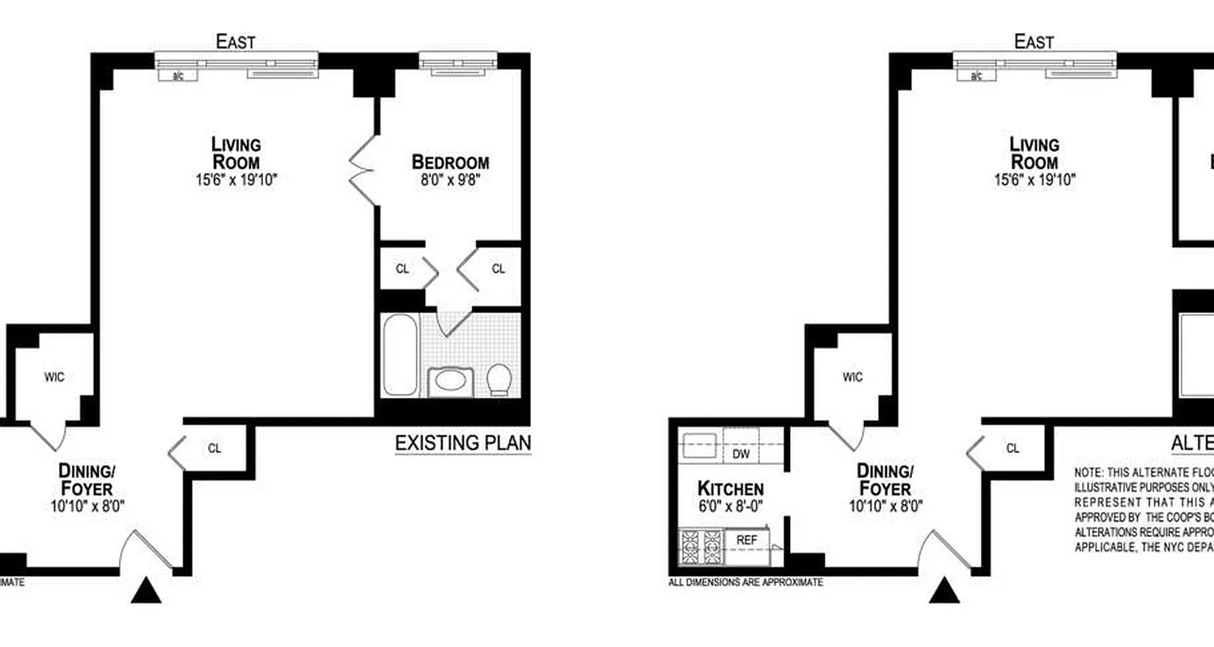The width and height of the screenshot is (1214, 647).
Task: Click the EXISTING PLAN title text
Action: click(462, 443)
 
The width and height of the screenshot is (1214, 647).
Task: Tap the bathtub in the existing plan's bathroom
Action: click(400, 355)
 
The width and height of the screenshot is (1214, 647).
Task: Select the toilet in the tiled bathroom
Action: click(499, 378)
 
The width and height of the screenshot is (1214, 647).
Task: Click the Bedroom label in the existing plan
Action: click(450, 161)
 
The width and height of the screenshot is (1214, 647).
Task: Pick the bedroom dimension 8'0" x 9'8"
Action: click(450, 179)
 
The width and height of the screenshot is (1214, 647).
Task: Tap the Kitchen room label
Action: click(730, 488)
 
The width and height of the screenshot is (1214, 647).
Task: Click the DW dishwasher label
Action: click(741, 455)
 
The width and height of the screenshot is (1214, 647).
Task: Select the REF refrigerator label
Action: click(745, 538)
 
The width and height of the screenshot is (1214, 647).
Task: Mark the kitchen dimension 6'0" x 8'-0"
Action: click(730, 506)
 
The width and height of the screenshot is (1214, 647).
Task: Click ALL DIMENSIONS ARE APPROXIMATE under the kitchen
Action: click(745, 581)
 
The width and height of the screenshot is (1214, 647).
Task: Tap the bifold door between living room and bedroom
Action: click(363, 169)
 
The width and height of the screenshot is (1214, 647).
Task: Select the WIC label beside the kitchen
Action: click(852, 377)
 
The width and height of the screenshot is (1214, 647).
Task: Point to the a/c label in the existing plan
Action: click(178, 76)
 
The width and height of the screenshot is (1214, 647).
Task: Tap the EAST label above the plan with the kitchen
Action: click(1034, 42)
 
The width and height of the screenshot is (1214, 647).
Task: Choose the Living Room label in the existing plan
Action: click(236, 153)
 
